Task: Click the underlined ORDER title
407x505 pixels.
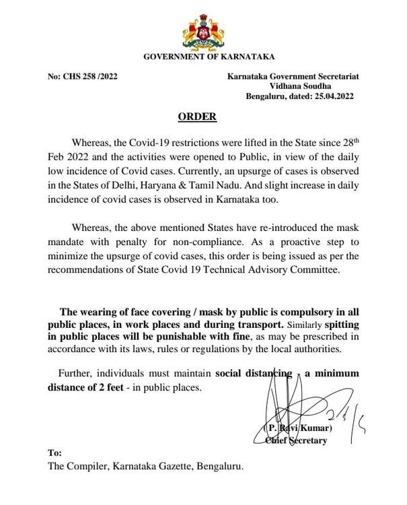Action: [x=197, y=117]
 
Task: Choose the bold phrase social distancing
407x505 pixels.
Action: [x=254, y=373]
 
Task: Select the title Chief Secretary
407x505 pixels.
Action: [x=296, y=441]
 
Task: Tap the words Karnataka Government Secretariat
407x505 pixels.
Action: [x=293, y=77]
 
